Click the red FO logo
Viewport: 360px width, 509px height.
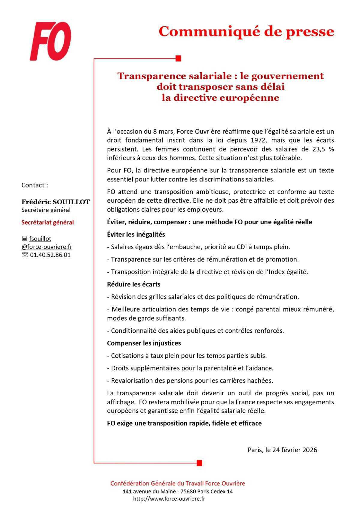tap(50, 41)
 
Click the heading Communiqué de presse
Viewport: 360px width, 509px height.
tap(246, 31)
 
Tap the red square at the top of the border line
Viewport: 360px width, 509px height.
tap(178, 58)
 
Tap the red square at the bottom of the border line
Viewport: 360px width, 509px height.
tap(199, 463)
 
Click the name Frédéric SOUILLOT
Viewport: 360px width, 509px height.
tap(55, 202)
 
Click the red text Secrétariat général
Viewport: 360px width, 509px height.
tap(47, 223)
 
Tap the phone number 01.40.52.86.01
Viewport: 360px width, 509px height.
tap(50, 255)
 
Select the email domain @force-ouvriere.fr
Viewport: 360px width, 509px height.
tap(47, 247)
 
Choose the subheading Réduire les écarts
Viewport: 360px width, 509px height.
tap(133, 284)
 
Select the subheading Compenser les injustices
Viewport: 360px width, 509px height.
tap(144, 343)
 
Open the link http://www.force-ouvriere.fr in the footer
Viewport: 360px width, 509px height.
tap(169, 499)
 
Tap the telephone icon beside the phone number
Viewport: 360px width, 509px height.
tap(25, 255)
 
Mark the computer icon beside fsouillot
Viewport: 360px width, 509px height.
tap(25, 239)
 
